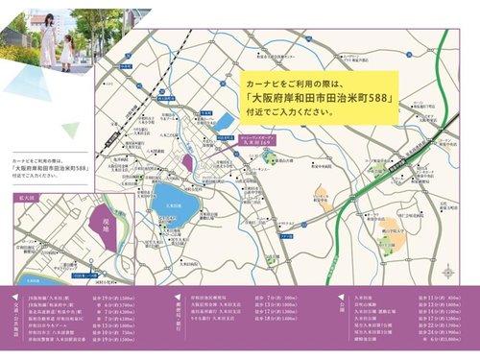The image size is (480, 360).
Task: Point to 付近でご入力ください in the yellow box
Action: [x=289, y=112]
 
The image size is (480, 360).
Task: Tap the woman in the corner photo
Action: [x=46, y=38]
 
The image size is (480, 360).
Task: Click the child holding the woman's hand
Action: [x=66, y=50]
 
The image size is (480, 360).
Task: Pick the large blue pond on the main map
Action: [x=176, y=204]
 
